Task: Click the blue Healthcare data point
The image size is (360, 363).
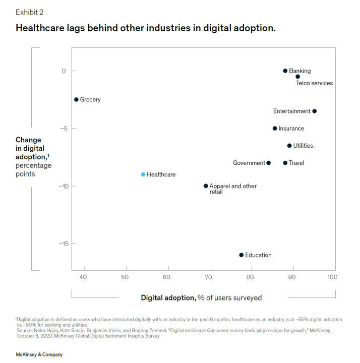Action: click(x=143, y=174)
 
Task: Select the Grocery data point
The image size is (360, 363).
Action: click(x=76, y=100)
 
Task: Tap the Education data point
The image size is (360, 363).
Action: click(x=241, y=255)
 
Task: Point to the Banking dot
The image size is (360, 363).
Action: click(x=285, y=71)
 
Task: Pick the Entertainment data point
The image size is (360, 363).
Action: click(x=315, y=111)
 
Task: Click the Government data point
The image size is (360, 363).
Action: click(x=268, y=163)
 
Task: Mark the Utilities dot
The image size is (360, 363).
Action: click(x=289, y=146)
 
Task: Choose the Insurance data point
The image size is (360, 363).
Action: click(x=275, y=129)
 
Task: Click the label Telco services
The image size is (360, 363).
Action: click(x=314, y=83)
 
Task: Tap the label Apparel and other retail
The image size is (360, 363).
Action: click(x=232, y=189)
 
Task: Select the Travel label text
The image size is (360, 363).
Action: click(x=296, y=163)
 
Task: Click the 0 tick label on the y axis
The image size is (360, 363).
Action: click(x=64, y=71)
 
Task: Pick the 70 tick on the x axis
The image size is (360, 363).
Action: click(x=208, y=277)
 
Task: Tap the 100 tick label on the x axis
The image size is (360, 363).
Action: click(x=331, y=277)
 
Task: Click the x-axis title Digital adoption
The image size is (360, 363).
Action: click(x=168, y=297)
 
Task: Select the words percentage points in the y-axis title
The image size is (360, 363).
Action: click(x=33, y=169)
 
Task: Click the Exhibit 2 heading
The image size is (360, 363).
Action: click(x=30, y=12)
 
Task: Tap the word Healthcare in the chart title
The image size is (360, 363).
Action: click(x=41, y=28)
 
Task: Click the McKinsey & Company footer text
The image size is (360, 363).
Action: click(x=39, y=354)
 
